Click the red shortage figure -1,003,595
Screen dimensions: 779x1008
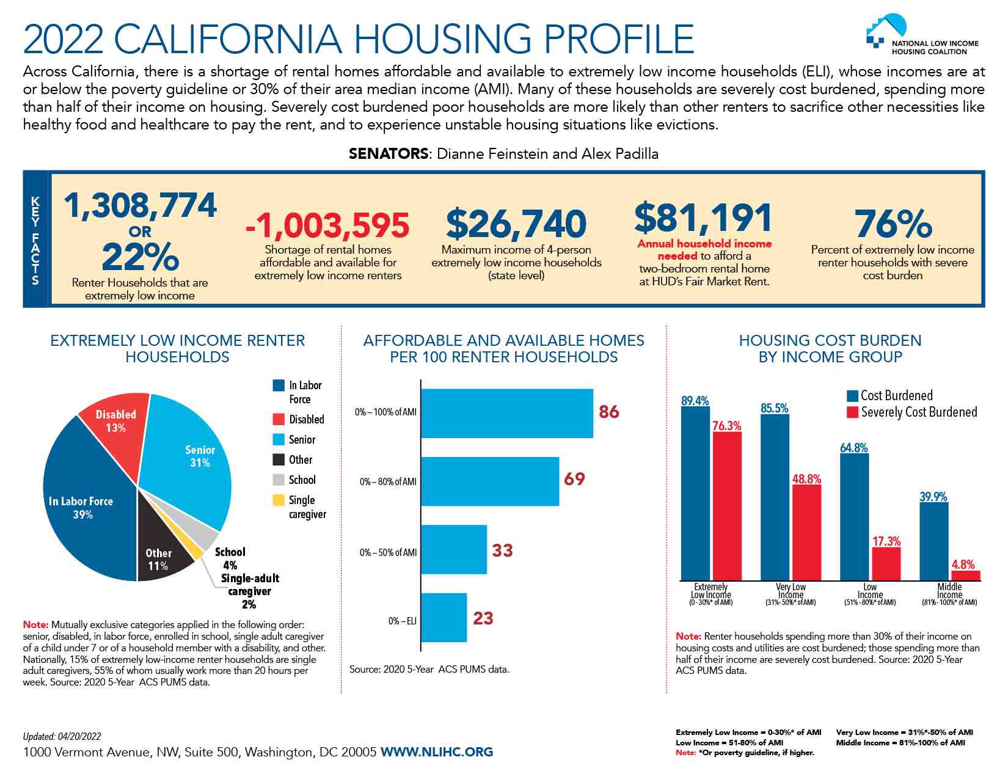click(327, 225)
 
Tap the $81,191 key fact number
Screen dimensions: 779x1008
click(703, 218)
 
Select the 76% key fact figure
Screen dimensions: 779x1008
click(893, 224)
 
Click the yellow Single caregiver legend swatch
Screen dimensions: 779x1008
click(279, 500)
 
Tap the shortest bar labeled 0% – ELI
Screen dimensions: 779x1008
click(444, 618)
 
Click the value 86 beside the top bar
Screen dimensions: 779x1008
click(608, 412)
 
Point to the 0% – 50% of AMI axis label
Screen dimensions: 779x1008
click(388, 553)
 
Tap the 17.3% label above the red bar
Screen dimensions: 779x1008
click(886, 541)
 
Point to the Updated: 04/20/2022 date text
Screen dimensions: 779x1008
click(62, 737)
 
